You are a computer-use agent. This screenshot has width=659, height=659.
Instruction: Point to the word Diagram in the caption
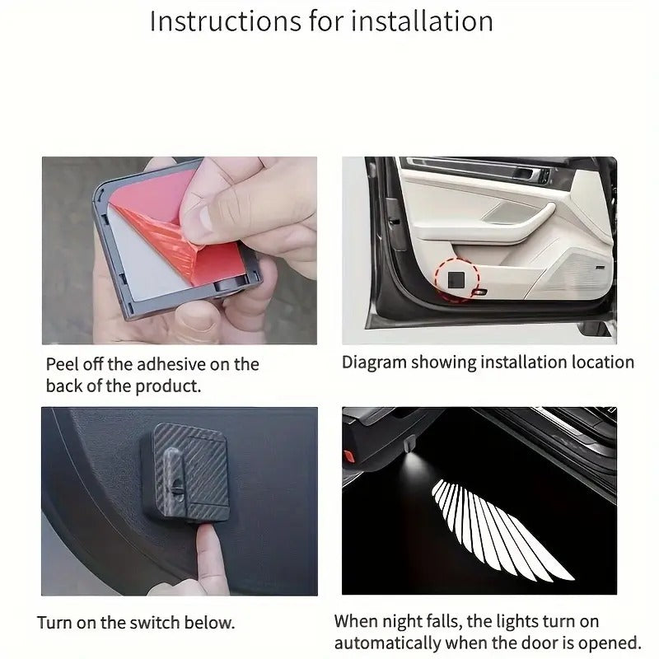click(x=373, y=362)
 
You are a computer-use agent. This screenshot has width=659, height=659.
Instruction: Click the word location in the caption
click(x=598, y=362)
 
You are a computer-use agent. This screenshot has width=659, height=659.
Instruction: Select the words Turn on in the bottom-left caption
click(x=68, y=622)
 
